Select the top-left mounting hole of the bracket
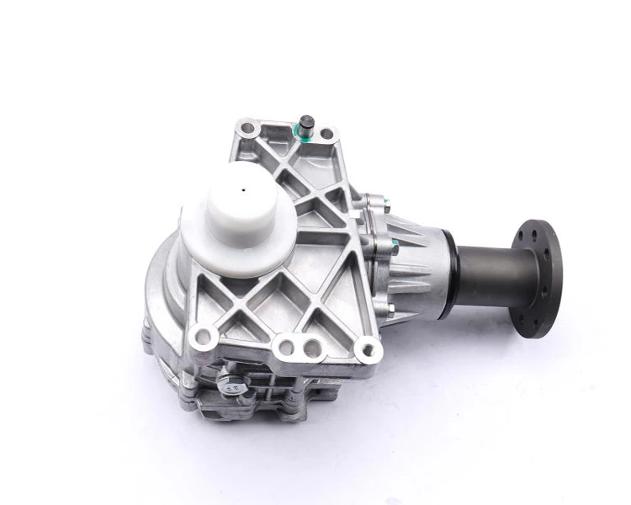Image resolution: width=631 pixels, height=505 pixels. tap(247, 129)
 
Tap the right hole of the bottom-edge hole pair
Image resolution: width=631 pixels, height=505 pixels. tap(310, 345)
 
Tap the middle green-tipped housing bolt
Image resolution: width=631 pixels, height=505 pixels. tap(391, 246)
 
